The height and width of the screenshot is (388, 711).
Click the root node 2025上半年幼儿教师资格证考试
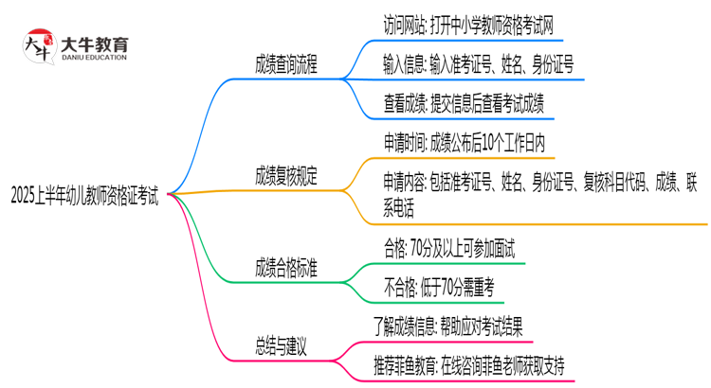[84, 196]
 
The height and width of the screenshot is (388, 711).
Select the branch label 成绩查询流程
[286, 65]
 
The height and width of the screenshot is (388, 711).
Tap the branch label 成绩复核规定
[286, 175]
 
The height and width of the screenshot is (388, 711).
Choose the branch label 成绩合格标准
[286, 268]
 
